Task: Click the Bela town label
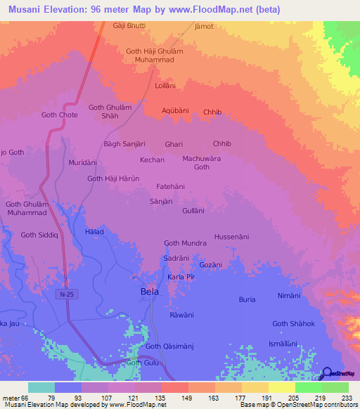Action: [x=149, y=291]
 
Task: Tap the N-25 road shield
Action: [x=66, y=297]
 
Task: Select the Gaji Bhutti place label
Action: [x=129, y=26]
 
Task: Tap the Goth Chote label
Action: [x=60, y=115]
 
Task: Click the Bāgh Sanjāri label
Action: [x=124, y=144]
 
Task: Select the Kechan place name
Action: [x=152, y=160]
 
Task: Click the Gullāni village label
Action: [x=193, y=210]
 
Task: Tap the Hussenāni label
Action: [x=231, y=237]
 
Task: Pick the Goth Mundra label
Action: [x=185, y=243]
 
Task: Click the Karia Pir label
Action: [x=180, y=278]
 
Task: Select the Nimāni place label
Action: [x=289, y=295]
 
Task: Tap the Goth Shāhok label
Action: [x=293, y=323]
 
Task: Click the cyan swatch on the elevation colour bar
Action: [x=41, y=387]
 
